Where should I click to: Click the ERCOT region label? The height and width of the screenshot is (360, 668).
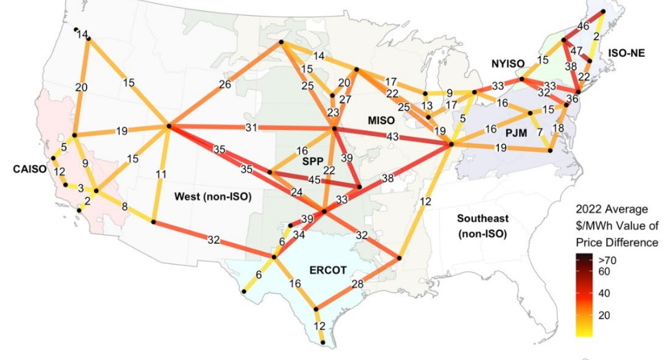click(327, 271)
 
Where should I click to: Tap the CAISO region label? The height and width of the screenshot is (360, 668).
click(29, 169)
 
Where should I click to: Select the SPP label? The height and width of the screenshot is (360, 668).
click(312, 161)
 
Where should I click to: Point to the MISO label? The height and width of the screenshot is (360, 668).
click(381, 120)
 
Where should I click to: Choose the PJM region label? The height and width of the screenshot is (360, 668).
click(515, 134)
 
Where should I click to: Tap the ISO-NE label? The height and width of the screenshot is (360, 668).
click(626, 53)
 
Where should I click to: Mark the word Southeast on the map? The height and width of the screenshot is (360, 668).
click(482, 218)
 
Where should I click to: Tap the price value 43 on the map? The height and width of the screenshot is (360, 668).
click(393, 136)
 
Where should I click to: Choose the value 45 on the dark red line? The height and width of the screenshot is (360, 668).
click(314, 181)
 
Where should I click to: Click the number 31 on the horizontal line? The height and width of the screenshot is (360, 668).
click(252, 128)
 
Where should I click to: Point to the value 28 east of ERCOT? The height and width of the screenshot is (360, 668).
click(357, 285)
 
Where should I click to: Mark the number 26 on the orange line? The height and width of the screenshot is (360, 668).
click(225, 85)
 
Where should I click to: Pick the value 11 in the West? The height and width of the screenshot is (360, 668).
click(161, 174)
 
